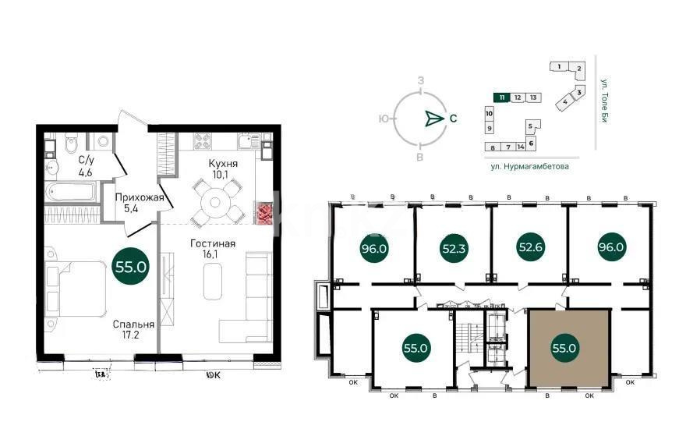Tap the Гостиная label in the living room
(213, 243)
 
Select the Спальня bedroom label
(132, 324)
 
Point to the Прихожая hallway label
(139, 198)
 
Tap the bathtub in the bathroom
(71, 191)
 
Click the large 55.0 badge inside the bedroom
(132, 266)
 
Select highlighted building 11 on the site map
(503, 97)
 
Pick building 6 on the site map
(531, 143)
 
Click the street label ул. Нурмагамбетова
(529, 166)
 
